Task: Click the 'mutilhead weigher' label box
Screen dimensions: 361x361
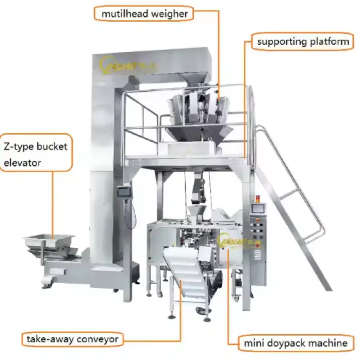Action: [x=144, y=13]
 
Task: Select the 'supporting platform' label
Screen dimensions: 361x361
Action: [x=303, y=41]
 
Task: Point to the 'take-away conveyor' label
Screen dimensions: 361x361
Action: [x=73, y=339]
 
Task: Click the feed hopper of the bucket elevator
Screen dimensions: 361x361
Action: [x=49, y=242]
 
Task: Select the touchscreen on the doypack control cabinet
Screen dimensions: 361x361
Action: [x=258, y=209]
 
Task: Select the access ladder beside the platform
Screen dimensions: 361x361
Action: [x=291, y=206]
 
